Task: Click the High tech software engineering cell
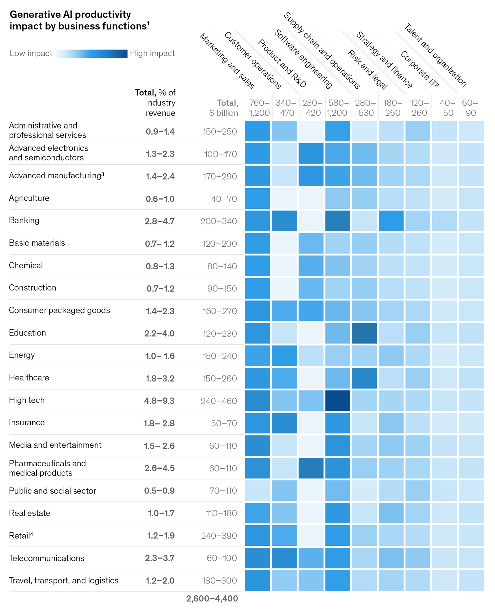point(338,401)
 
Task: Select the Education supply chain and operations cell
point(364,333)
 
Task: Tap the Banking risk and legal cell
point(391,221)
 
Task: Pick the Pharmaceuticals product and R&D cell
point(311,468)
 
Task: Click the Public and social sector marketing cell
point(257,490)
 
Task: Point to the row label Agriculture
point(29,198)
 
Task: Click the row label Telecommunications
point(46,558)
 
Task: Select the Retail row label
point(21,536)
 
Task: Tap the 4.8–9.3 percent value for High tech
point(159,401)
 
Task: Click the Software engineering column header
point(303,59)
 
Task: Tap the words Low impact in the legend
point(31,53)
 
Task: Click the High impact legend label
point(152,53)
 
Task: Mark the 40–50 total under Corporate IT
point(448,108)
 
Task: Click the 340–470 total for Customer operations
point(286,108)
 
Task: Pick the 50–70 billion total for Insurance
point(224,423)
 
